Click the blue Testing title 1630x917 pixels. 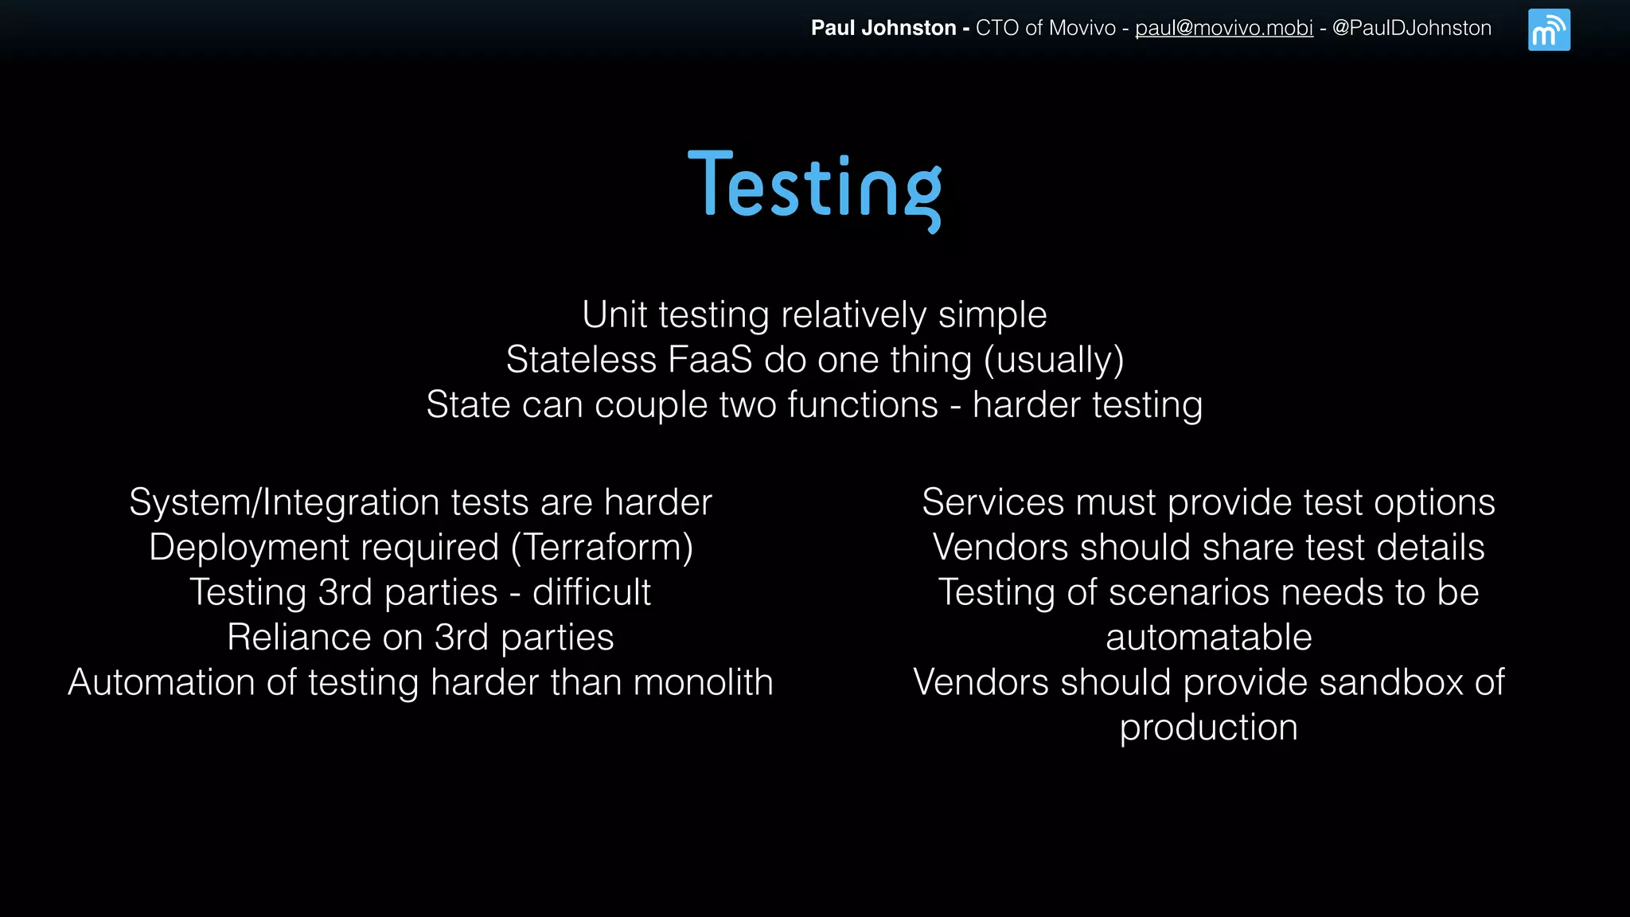coord(814,187)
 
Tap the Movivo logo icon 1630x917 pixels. coord(1549,30)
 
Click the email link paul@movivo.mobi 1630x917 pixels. coord(1223,29)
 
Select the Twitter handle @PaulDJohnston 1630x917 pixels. coord(1411,29)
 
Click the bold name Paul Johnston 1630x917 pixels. coord(883,29)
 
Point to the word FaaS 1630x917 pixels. coord(710,360)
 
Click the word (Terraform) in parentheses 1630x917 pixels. coord(602,548)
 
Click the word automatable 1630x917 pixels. coord(1208,638)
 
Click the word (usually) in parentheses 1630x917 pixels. coord(1054,361)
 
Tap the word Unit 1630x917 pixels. coord(614,314)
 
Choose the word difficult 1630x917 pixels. coord(591,592)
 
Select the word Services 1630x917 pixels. coord(992,503)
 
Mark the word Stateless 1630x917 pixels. coord(581,360)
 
